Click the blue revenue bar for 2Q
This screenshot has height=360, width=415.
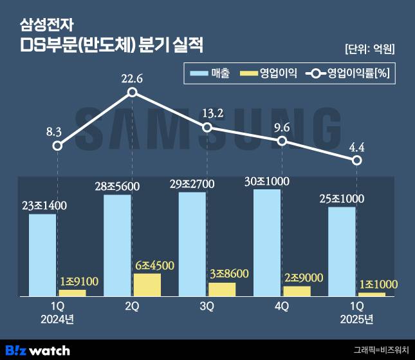117,245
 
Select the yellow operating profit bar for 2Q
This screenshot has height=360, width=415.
147,285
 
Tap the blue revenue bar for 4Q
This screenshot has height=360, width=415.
267,242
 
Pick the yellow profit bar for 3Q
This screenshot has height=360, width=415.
222,289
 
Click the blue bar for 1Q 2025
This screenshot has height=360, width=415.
342,251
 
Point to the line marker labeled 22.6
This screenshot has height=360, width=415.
132,92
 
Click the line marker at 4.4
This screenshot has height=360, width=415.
357,160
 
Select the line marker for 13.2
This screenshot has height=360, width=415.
207,127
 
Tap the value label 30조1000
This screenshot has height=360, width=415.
267,181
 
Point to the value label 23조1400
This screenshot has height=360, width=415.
44,206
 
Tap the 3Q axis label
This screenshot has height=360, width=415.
207,307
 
